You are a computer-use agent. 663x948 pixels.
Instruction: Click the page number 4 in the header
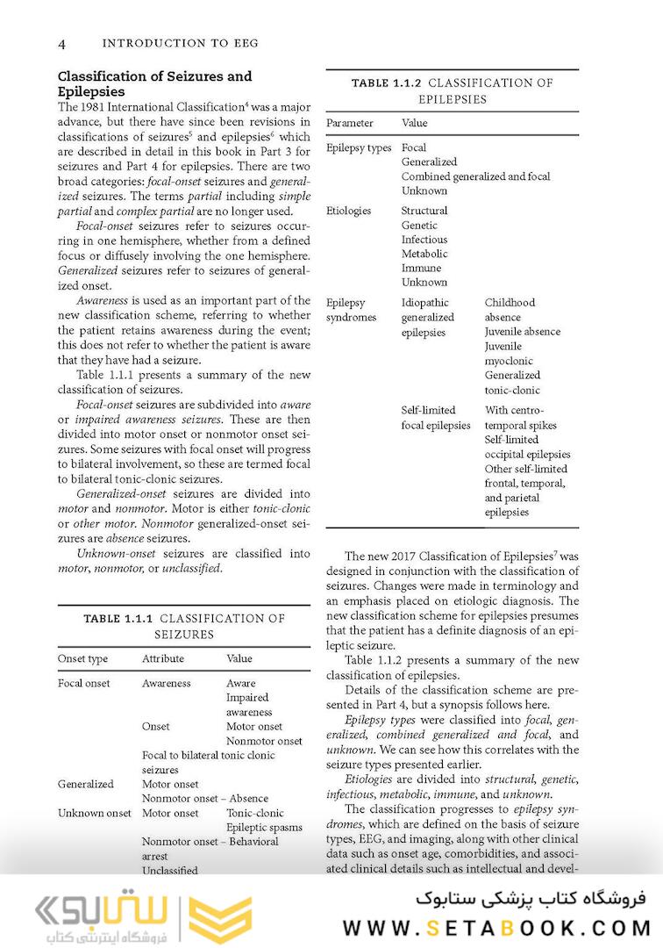click(61, 43)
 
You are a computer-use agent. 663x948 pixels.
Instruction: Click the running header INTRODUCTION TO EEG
click(180, 43)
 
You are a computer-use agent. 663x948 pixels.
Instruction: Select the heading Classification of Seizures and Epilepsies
click(154, 83)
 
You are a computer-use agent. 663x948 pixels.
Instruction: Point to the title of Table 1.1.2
click(452, 91)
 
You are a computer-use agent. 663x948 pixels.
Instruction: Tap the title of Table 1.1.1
click(184, 626)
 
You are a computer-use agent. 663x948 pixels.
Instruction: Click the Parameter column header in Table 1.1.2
click(349, 124)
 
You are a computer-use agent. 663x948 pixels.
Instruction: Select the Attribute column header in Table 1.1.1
click(163, 658)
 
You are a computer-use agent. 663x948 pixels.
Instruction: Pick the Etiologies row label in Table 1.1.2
click(348, 211)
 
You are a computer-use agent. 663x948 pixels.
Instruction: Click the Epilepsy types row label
click(359, 148)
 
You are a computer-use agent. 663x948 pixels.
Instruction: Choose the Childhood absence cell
click(510, 310)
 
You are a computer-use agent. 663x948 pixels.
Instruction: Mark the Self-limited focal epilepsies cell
click(436, 418)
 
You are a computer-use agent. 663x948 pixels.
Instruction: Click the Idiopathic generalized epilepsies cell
click(428, 317)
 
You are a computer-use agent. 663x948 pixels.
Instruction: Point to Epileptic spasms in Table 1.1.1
click(264, 827)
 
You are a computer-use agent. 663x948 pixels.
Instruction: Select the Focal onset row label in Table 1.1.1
click(84, 683)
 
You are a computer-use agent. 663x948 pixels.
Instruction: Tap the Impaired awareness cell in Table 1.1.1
click(249, 705)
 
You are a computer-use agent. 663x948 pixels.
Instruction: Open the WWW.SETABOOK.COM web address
click(496, 928)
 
